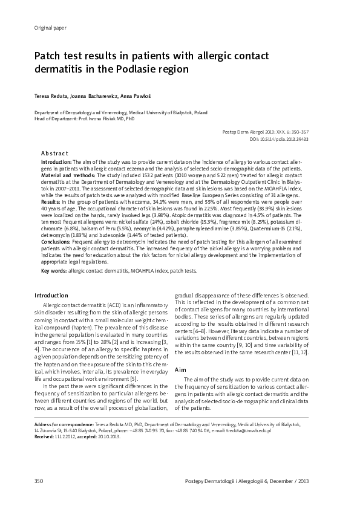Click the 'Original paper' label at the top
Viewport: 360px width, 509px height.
tap(42, 29)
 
